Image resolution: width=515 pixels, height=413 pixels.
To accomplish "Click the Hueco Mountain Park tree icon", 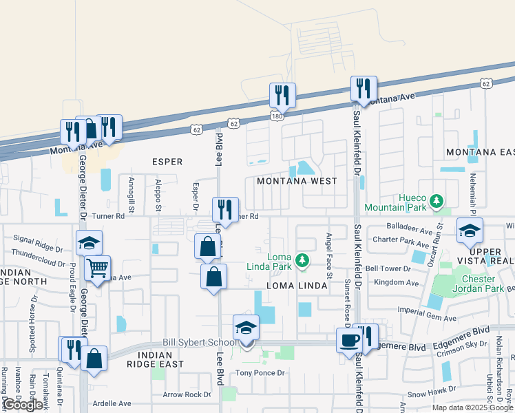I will pyautogui.click(x=435, y=200).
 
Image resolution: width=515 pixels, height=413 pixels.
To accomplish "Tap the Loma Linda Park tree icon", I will pyautogui.click(x=302, y=260).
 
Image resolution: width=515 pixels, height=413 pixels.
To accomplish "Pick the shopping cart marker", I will pyautogui.click(x=97, y=267).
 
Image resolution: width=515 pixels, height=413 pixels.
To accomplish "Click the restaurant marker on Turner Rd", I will pyautogui.click(x=225, y=209).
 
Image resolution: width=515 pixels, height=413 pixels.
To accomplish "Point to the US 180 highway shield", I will pyautogui.click(x=276, y=117).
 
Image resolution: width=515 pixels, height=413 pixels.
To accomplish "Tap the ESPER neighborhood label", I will pyautogui.click(x=167, y=162).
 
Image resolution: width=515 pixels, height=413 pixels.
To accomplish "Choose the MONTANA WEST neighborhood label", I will pyautogui.click(x=297, y=181).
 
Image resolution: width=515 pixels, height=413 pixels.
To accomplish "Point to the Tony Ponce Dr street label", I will pyautogui.click(x=260, y=373).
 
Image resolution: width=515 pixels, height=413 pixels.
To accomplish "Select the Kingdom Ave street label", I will pyautogui.click(x=392, y=283).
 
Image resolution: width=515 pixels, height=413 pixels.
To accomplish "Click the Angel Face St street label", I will pyautogui.click(x=329, y=255).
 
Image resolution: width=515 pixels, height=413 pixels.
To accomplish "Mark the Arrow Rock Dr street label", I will pyautogui.click(x=187, y=394).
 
